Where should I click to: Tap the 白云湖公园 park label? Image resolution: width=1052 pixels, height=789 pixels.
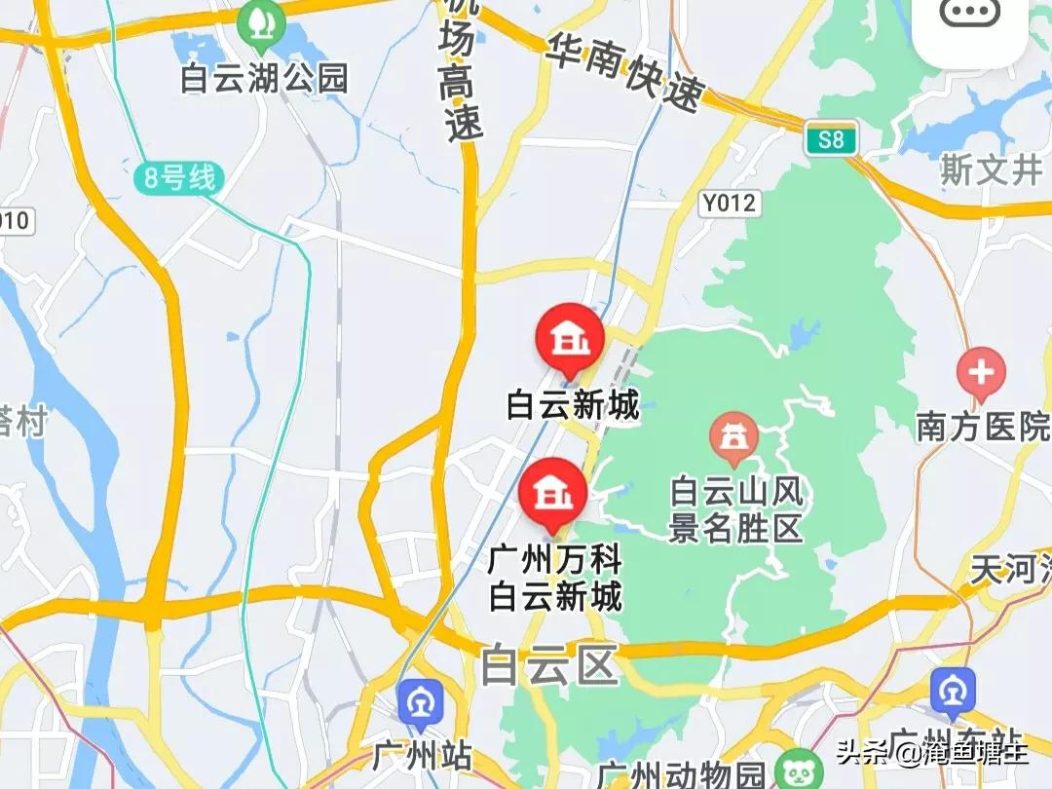(x=264, y=79)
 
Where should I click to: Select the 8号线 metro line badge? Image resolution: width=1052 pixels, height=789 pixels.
(x=179, y=179)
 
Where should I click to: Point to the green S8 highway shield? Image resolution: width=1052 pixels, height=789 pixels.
(x=831, y=139)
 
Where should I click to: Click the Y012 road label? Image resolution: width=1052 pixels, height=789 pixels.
(x=730, y=203)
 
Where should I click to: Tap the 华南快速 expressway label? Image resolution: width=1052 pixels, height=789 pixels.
(x=624, y=73)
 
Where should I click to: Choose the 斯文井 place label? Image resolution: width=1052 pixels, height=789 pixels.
(x=991, y=171)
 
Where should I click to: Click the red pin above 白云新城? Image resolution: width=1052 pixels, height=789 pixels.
(x=570, y=340)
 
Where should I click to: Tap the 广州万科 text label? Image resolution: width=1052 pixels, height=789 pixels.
(x=554, y=561)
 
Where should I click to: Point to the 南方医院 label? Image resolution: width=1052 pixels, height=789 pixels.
(x=983, y=427)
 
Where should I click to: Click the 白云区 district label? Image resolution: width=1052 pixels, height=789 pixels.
(x=549, y=667)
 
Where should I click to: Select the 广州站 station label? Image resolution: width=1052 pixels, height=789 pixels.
(x=422, y=756)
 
